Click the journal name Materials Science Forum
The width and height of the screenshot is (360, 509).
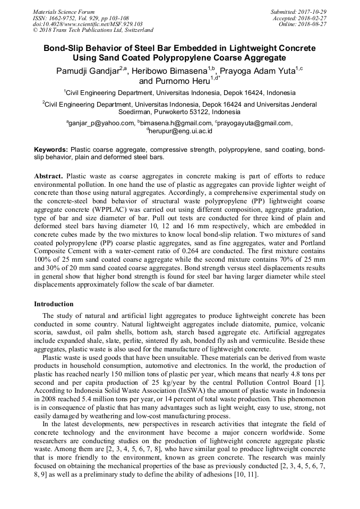click(x=64, y=11)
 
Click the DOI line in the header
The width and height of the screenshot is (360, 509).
click(x=88, y=24)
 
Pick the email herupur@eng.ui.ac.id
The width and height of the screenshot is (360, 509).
click(x=182, y=131)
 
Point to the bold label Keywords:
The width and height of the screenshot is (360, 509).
click(x=51, y=150)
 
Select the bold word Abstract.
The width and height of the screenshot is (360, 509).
click(x=49, y=176)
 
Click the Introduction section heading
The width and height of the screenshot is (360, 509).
click(x=54, y=304)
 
